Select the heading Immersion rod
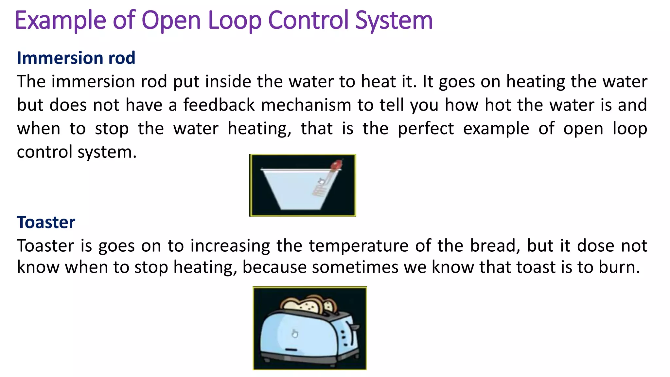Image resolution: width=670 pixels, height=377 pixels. tap(76, 58)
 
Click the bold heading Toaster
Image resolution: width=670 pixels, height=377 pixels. tap(46, 222)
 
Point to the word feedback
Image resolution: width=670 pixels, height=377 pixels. tap(219, 105)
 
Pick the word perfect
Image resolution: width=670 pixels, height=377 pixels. tap(426, 129)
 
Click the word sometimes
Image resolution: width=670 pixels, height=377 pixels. tap(355, 267)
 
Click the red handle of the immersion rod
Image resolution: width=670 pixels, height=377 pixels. tap(336, 165)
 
